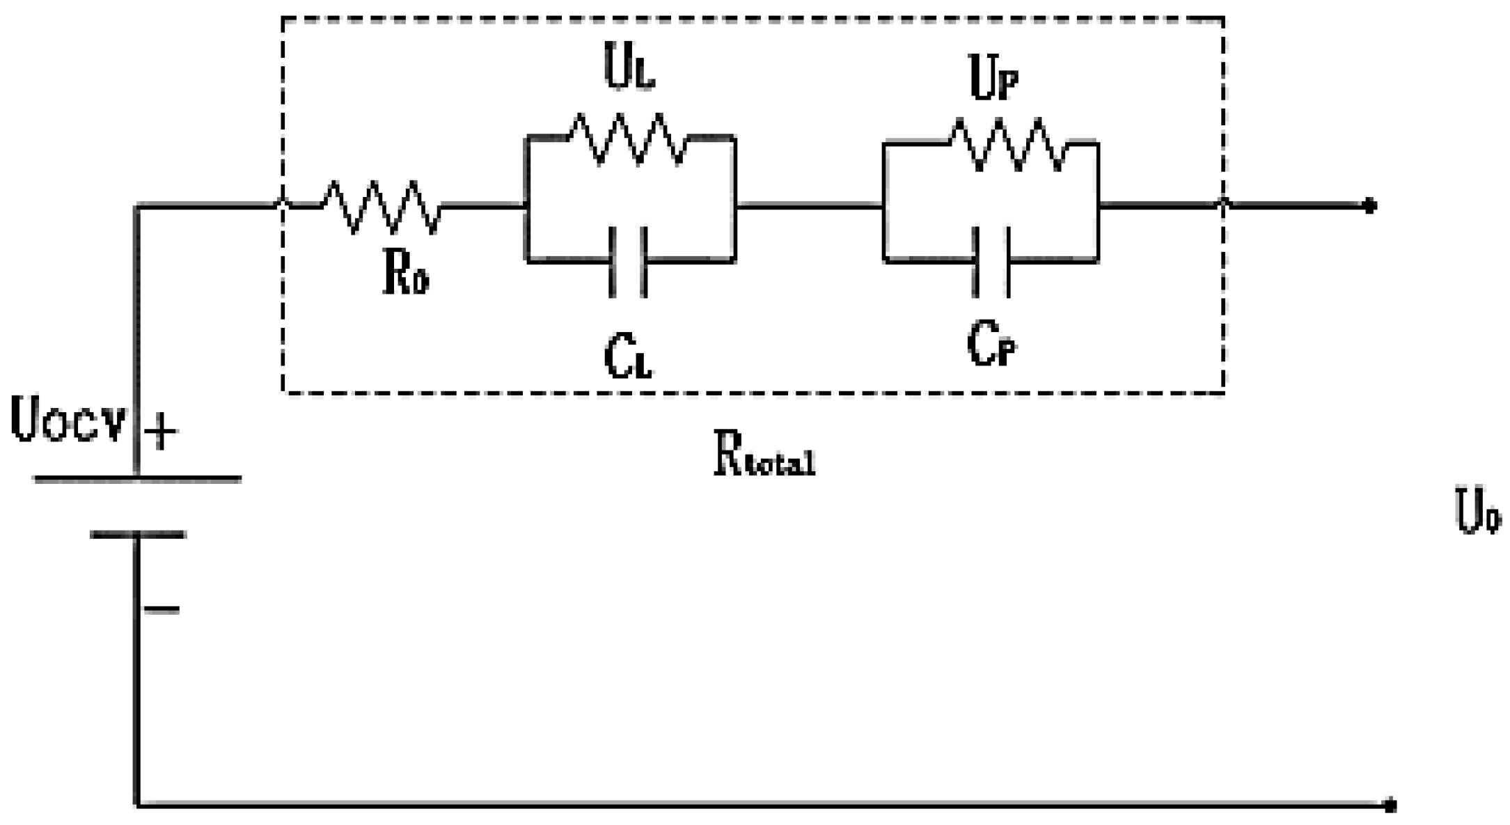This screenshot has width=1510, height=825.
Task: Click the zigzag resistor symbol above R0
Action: click(381, 207)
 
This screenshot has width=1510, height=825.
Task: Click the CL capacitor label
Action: click(628, 356)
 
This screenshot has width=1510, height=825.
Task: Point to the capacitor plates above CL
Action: click(628, 262)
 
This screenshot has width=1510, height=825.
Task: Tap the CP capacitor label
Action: click(991, 344)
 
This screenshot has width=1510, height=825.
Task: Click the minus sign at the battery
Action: click(162, 610)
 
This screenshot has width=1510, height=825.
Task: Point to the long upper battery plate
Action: click(138, 479)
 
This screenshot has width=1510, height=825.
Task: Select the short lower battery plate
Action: click(138, 535)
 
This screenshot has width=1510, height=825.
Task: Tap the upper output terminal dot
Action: click(1369, 206)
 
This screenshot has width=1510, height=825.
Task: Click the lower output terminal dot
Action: click(1390, 806)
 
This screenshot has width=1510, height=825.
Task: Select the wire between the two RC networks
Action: click(809, 206)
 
